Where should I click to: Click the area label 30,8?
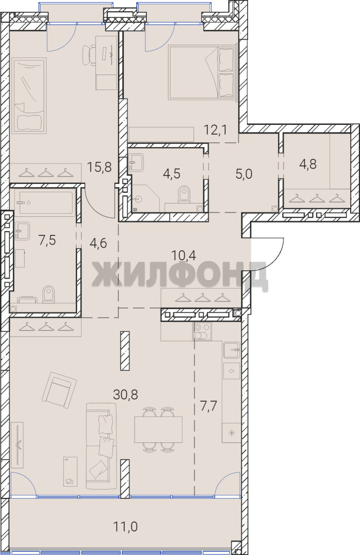point(125,394)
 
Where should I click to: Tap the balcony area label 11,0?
point(125,527)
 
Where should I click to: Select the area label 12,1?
point(215,129)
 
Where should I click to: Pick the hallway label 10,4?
point(183,254)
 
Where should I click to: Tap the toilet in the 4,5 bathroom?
point(184,195)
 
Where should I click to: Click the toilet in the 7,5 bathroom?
point(48,295)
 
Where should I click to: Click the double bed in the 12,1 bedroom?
point(202,72)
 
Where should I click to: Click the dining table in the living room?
point(158,429)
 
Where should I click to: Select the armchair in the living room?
point(59,391)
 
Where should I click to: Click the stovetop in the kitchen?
point(202,331)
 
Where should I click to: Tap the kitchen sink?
point(232,350)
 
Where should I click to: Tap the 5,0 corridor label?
point(243,174)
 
